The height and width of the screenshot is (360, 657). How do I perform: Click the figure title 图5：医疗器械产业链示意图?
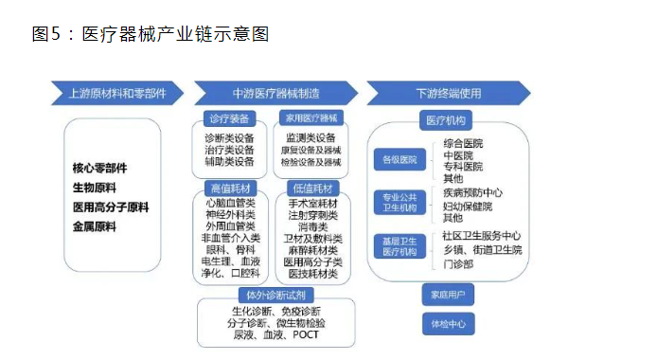[151, 34]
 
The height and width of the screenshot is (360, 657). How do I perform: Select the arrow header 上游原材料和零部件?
[117, 94]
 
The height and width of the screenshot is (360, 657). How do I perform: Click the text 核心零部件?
[100, 168]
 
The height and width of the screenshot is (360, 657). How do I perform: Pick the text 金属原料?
[94, 226]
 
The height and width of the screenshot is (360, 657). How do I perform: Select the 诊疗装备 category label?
[227, 120]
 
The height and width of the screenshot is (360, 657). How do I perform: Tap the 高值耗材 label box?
[227, 188]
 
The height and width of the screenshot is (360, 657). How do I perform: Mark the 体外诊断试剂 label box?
[269, 294]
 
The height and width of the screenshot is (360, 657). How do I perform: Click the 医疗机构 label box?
[446, 120]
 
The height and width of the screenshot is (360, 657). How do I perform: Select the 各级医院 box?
[397, 161]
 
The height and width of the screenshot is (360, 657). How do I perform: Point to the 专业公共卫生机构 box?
[397, 202]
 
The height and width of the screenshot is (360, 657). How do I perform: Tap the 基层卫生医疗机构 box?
[397, 245]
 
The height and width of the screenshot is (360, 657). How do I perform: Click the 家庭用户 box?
[446, 295]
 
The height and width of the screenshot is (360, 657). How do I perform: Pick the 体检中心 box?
[446, 323]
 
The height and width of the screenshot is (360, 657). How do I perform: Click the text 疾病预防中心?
[478, 191]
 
